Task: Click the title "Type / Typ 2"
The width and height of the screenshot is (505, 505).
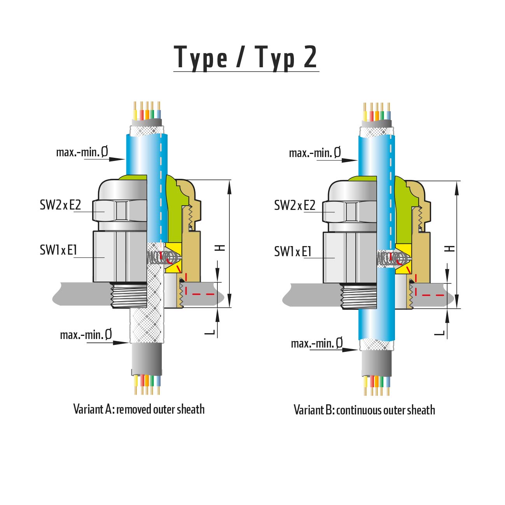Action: click(x=245, y=58)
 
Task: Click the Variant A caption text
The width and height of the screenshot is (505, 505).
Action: click(x=139, y=409)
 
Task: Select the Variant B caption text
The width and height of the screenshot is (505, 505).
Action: click(x=364, y=410)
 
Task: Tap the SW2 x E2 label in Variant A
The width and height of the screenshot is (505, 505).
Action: click(x=60, y=205)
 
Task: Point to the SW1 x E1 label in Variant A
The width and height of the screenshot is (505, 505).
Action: click(x=58, y=250)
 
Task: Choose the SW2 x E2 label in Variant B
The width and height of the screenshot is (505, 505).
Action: click(x=295, y=205)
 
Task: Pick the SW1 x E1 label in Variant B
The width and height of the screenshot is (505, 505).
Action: click(x=293, y=252)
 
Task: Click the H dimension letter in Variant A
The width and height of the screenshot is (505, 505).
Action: click(x=220, y=247)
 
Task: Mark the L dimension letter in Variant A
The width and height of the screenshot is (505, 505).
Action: click(x=210, y=332)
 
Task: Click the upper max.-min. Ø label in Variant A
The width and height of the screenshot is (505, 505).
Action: click(x=82, y=152)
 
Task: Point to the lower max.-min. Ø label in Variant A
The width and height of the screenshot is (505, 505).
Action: click(x=86, y=334)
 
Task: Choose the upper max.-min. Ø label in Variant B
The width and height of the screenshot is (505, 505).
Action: click(x=315, y=153)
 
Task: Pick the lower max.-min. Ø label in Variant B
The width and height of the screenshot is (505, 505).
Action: click(x=317, y=343)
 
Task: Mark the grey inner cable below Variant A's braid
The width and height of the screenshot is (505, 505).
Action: click(x=147, y=360)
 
